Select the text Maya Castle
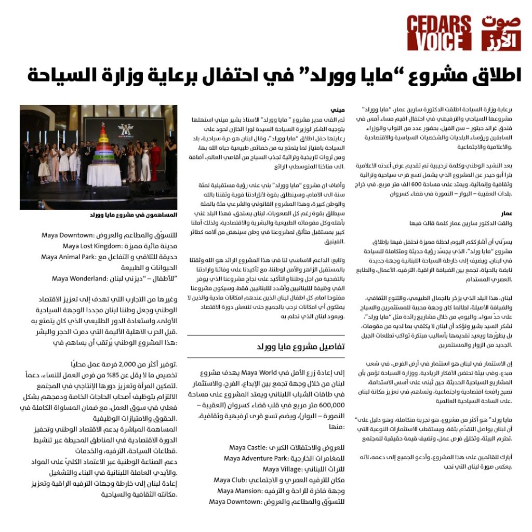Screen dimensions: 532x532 pos(247,448)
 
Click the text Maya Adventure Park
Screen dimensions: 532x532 pos(255,459)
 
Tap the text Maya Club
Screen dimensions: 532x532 pos(231,481)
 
